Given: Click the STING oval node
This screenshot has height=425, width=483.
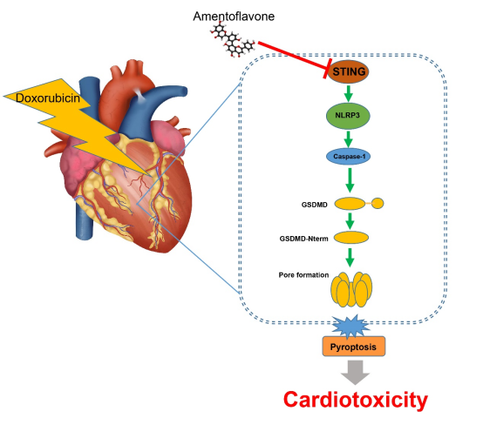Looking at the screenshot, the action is pyautogui.click(x=348, y=71).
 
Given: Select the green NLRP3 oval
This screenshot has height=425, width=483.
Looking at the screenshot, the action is pyautogui.click(x=348, y=116).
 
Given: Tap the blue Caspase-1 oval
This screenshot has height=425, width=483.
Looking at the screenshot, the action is pyautogui.click(x=349, y=157).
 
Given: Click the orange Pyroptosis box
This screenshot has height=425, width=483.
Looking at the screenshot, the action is pyautogui.click(x=354, y=347).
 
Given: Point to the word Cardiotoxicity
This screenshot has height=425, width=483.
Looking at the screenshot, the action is pyautogui.click(x=356, y=400).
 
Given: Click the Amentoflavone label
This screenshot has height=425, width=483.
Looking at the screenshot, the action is pyautogui.click(x=234, y=17).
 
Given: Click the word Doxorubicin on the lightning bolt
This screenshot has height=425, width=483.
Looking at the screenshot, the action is pyautogui.click(x=48, y=98).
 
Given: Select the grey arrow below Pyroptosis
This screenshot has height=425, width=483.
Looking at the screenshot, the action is pyautogui.click(x=355, y=373).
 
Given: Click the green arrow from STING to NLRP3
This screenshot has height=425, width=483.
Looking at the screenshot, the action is pyautogui.click(x=349, y=93).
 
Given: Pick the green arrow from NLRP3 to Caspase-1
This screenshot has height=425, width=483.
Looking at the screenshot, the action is pyautogui.click(x=349, y=139).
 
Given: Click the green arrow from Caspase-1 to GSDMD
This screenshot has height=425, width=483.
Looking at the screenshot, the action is pyautogui.click(x=350, y=180).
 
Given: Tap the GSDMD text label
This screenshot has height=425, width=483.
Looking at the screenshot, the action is pyautogui.click(x=314, y=205).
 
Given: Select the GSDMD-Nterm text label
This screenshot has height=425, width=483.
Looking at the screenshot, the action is pyautogui.click(x=303, y=239).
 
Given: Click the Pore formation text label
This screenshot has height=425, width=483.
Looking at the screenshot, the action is pyautogui.click(x=303, y=275).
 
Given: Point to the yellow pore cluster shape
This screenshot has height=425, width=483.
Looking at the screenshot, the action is pyautogui.click(x=351, y=290).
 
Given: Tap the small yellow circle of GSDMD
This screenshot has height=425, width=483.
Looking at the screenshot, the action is pyautogui.click(x=378, y=204).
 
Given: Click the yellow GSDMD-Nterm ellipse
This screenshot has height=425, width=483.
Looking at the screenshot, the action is pyautogui.click(x=351, y=238).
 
